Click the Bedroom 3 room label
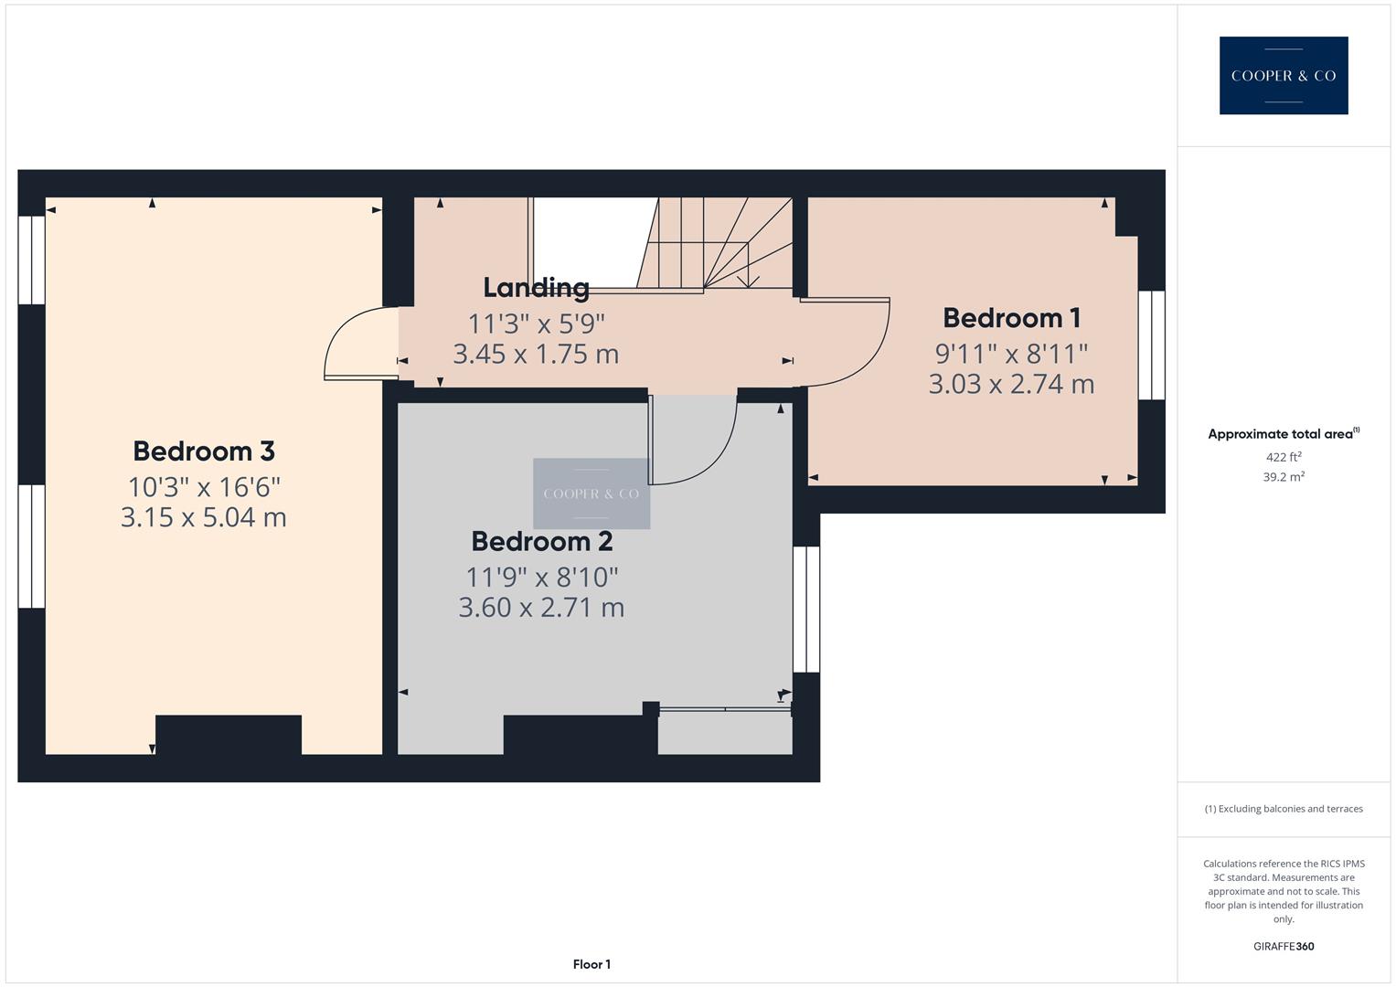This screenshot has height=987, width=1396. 204,451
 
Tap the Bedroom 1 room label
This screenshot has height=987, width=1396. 1011,318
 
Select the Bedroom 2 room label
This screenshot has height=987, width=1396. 541,542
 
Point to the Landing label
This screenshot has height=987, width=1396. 536,288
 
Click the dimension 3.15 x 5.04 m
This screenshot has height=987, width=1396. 204,517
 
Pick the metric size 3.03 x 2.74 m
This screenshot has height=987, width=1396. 1011,384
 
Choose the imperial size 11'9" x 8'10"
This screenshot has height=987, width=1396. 541,578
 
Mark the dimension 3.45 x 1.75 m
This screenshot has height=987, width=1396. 536,354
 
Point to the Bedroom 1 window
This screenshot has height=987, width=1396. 1152,345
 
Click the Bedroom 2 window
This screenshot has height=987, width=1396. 806,610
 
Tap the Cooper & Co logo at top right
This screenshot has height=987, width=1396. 1283,76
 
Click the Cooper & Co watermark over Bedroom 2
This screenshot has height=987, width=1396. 591,493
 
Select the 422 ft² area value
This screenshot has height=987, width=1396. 1283,457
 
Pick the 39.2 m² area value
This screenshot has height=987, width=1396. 1283,477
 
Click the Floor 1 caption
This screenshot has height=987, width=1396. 591,964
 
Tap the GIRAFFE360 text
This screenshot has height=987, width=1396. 1283,947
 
